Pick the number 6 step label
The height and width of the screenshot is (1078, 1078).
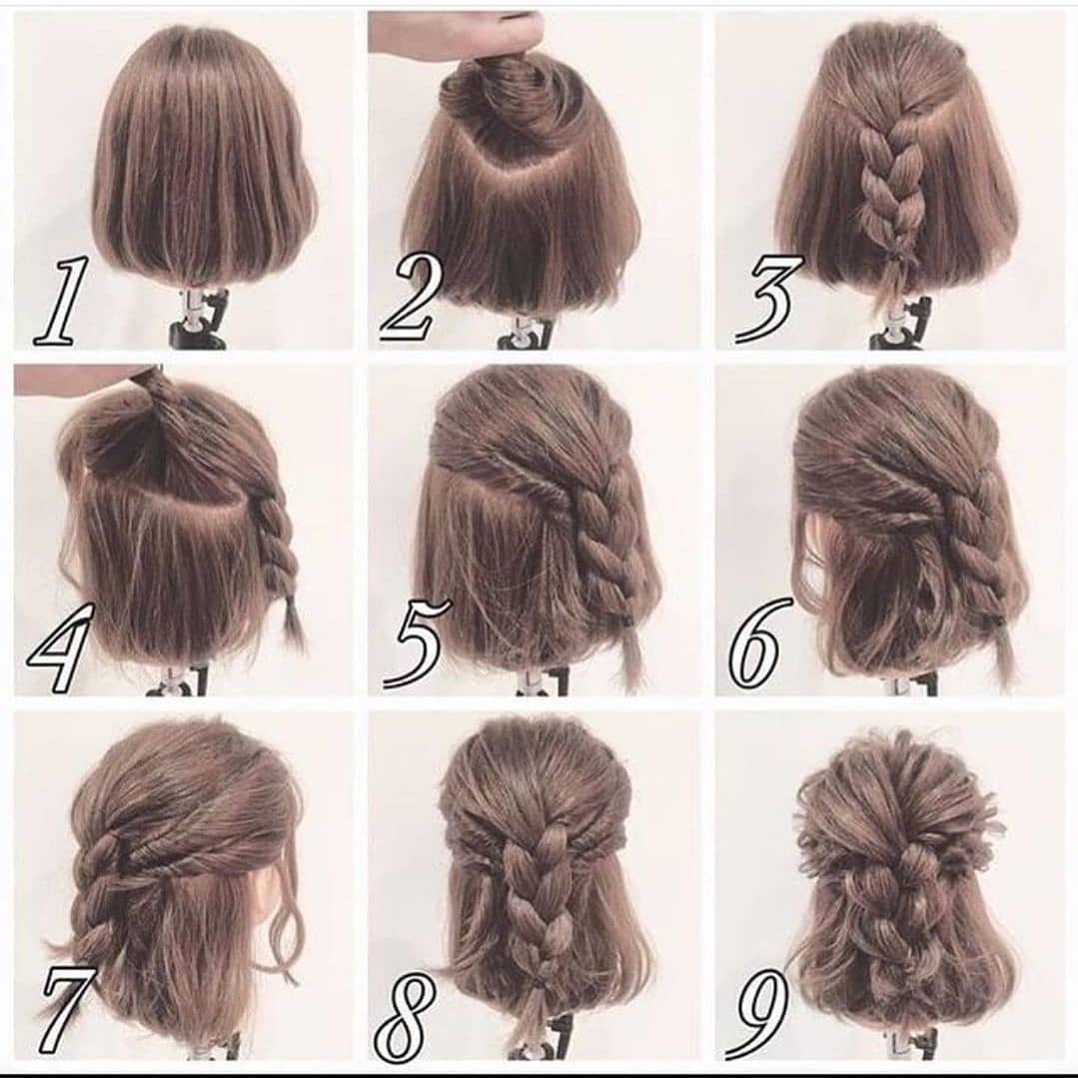(756, 642)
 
